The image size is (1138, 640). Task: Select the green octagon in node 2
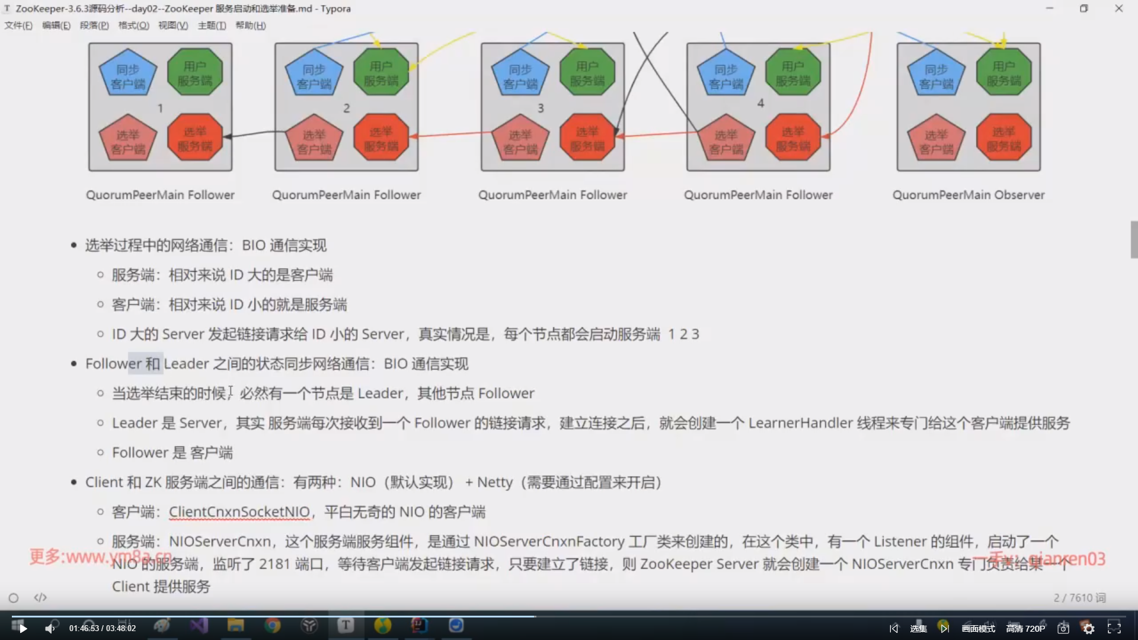[381, 72]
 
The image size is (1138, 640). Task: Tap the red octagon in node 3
[587, 139]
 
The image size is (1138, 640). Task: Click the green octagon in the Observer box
[1003, 72]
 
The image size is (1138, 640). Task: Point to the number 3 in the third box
[541, 108]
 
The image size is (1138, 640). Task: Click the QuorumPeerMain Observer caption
[968, 195]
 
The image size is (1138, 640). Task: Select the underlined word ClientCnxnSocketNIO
[239, 512]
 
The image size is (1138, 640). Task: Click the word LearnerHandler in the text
[800, 423]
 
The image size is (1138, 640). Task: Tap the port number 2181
[274, 564]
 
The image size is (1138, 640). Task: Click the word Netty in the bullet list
[494, 482]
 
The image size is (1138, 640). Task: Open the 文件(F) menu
[18, 25]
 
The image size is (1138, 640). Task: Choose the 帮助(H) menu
[250, 25]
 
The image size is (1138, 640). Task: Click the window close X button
[1118, 8]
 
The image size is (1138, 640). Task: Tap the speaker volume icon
[50, 628]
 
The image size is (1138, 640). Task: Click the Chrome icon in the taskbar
[273, 626]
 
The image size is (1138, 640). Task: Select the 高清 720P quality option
[1025, 629]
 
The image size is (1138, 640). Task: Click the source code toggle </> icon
[40, 597]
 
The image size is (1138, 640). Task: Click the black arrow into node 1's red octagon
[229, 136]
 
